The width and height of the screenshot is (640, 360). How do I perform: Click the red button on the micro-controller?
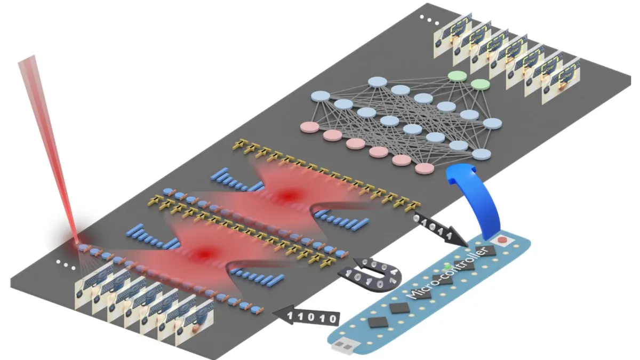tap(501, 240)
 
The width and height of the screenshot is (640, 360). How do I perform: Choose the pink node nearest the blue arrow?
tap(425, 169)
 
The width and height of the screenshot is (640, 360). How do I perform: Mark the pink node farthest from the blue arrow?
tap(310, 127)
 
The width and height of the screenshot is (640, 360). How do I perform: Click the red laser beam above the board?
tap(48, 139)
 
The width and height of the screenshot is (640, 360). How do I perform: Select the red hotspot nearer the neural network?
tap(288, 196)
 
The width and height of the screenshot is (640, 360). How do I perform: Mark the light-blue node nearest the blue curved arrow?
tap(482, 154)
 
